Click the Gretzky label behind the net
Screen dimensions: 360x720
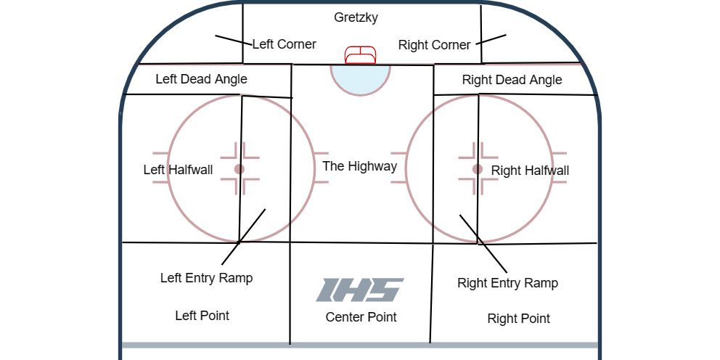tap(356, 17)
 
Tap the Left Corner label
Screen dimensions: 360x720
tap(284, 44)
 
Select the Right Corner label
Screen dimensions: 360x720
tap(434, 45)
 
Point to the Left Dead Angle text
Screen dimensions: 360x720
tap(201, 79)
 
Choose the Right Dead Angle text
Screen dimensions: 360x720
tap(512, 80)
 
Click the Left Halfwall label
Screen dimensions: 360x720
tap(178, 170)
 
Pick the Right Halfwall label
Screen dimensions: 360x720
tap(530, 171)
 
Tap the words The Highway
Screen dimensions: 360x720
tap(359, 166)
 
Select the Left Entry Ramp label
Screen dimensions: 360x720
tap(206, 278)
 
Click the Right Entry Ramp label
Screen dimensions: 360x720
tap(507, 283)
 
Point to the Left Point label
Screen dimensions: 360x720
tap(202, 316)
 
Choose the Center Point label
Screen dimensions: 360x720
tap(361, 317)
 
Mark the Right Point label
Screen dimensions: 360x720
tap(518, 319)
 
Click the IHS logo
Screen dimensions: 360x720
tap(359, 290)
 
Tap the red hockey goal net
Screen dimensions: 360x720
tap(360, 56)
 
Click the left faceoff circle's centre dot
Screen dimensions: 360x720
tap(240, 169)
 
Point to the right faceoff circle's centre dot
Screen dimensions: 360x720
tap(478, 169)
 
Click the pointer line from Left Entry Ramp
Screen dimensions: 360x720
tap(244, 236)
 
